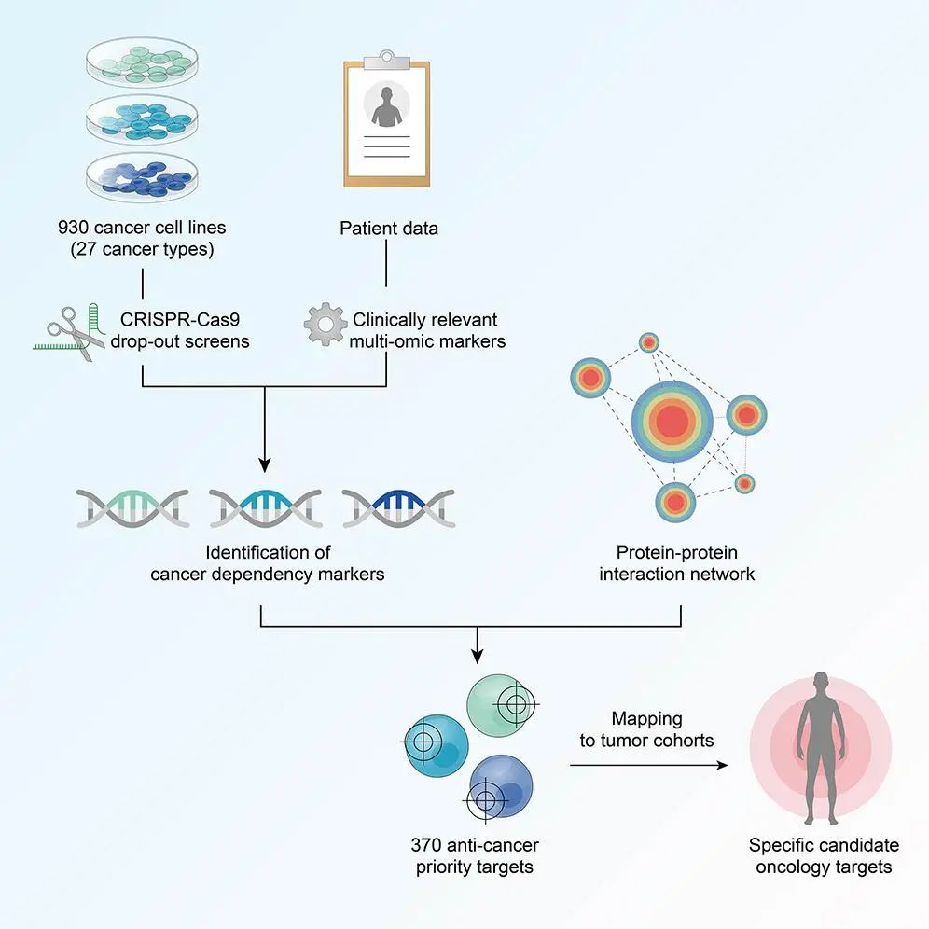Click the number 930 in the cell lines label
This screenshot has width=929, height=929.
point(76,228)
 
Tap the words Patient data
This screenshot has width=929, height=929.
point(388,229)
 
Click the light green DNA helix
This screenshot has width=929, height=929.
point(133,506)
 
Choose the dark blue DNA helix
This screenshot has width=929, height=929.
point(398,506)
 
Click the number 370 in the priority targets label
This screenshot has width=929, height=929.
point(428,846)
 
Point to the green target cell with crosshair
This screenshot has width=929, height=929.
point(504,704)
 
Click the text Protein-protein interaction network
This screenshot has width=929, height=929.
point(677,562)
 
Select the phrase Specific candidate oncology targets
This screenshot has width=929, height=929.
point(824,856)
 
